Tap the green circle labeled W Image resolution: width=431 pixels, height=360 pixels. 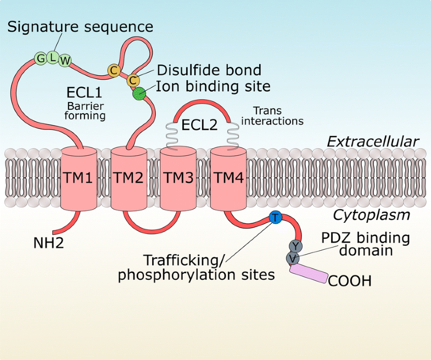coord(65,60)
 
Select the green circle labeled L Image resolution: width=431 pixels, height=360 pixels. coord(53,57)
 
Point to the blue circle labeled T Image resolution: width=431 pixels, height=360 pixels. coord(275,218)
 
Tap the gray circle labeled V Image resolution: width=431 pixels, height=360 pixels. coord(292,257)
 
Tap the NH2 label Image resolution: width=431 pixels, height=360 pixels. coord(48,241)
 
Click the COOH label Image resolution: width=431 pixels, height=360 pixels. coord(350,282)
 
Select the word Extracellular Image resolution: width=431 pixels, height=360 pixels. coord(373,142)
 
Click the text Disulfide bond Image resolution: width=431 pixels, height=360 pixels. coord(209,70)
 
